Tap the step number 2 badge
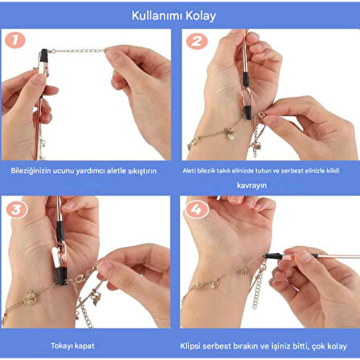pyautogui.click(x=195, y=42)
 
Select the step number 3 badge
pyautogui.click(x=17, y=208)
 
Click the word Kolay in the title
pyautogui.click(x=202, y=15)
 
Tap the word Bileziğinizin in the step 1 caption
pyautogui.click(x=30, y=170)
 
